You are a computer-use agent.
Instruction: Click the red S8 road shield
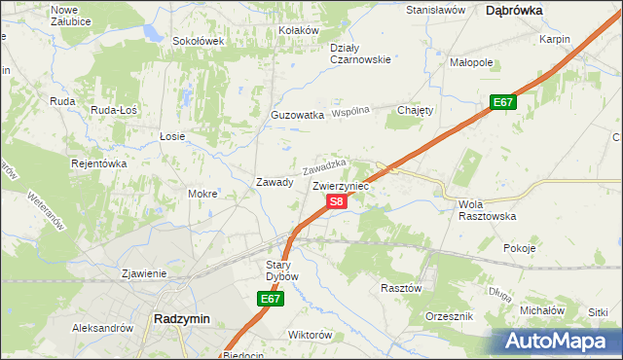tap(336, 201)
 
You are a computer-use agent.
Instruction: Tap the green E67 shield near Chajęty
tap(502, 102)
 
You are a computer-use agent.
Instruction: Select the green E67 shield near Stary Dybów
tap(272, 300)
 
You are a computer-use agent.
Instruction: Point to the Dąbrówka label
tap(514, 10)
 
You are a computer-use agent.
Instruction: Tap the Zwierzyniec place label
tap(344, 185)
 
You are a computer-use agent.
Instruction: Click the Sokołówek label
tap(198, 42)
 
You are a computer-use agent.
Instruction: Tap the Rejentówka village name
tap(99, 163)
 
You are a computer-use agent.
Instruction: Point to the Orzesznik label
tap(450, 317)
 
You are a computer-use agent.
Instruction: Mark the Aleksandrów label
tap(102, 329)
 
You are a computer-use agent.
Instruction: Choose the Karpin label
tap(554, 40)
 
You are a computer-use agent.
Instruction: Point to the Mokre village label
tap(202, 194)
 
